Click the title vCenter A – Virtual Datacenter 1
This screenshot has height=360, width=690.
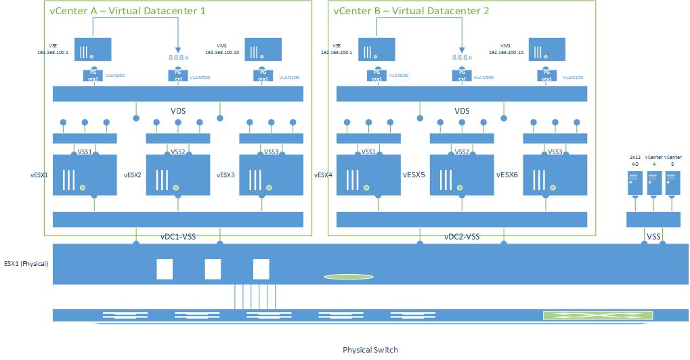point(127,11)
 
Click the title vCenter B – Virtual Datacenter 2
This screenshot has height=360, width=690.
point(411,11)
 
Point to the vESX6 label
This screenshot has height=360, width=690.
point(507,175)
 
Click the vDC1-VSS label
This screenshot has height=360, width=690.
point(178,237)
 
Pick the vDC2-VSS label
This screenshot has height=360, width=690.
point(462,237)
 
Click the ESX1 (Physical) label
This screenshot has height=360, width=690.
point(26,263)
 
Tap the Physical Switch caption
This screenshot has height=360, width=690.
point(370,350)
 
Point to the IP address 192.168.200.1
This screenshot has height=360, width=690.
point(339,51)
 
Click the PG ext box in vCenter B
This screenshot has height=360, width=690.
point(462,74)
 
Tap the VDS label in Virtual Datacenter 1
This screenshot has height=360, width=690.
point(178,110)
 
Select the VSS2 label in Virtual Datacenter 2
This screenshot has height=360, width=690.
point(462,152)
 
